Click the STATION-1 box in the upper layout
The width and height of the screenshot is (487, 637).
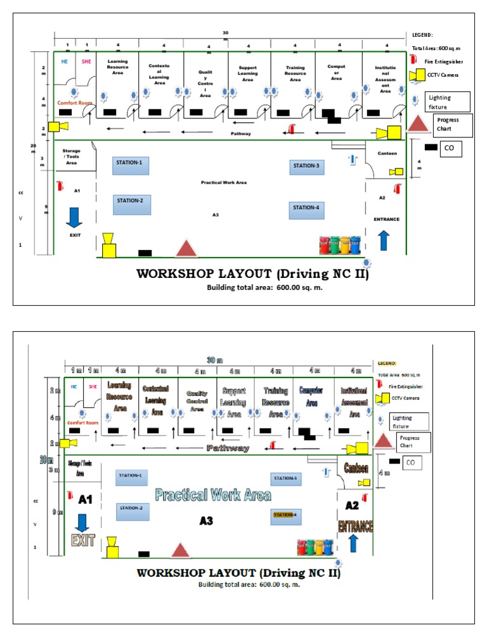point(131,166)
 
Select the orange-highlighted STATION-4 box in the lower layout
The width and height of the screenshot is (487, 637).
point(289,516)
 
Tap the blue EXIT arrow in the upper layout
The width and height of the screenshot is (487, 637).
point(74,217)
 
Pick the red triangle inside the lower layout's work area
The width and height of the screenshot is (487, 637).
point(181,550)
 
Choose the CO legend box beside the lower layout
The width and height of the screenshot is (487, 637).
point(413,462)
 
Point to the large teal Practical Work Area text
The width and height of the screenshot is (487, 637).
point(214,495)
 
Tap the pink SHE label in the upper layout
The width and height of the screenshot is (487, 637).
point(84,61)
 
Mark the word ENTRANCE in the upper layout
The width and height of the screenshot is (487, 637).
point(386,219)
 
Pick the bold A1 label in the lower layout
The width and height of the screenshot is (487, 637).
point(86,500)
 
